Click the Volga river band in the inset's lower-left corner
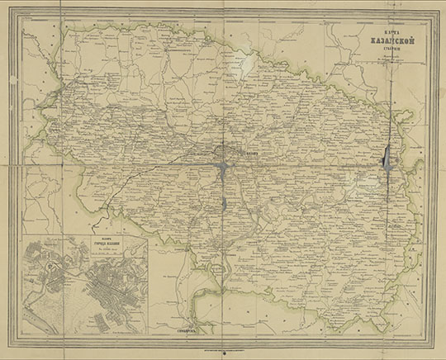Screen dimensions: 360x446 tap(37, 318)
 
